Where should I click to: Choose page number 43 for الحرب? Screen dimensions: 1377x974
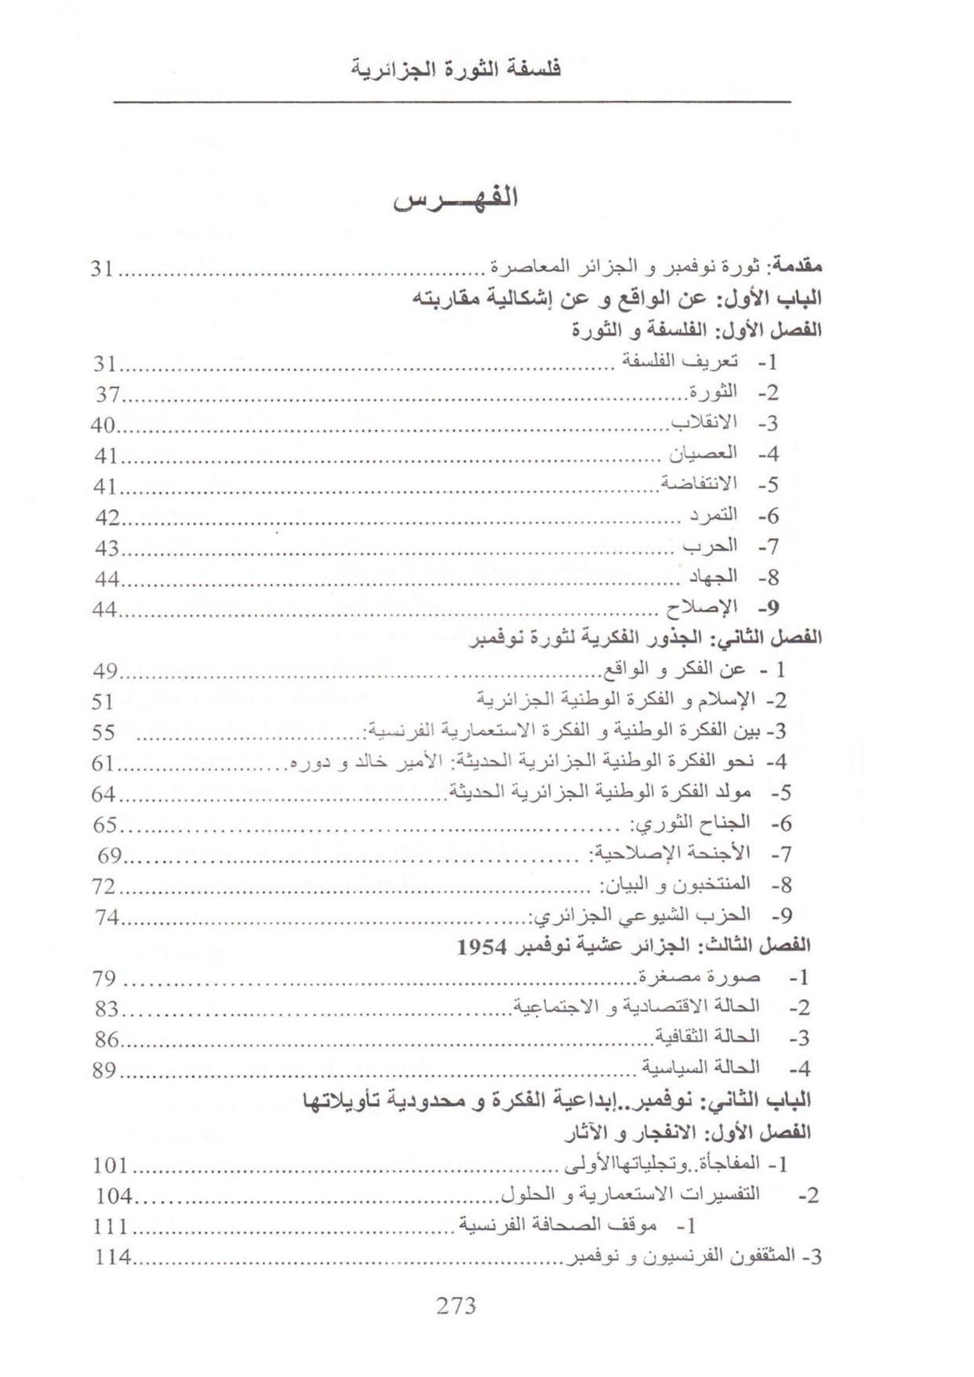tap(107, 548)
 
